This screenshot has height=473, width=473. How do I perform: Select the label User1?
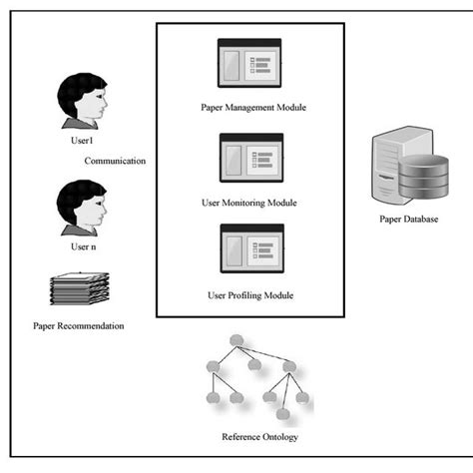tap(84, 143)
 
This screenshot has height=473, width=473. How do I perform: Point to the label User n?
tap(83, 244)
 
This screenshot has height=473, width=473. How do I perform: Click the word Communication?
tap(115, 161)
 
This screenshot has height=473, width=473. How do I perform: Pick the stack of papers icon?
tap(79, 288)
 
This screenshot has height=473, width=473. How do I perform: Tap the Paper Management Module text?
tap(251, 107)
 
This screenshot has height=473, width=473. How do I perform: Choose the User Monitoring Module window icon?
tap(250, 161)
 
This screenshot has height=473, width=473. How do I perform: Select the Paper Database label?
tap(408, 220)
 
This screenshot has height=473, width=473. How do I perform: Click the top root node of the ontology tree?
tap(236, 342)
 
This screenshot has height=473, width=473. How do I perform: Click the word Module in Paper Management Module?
tap(290, 107)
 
